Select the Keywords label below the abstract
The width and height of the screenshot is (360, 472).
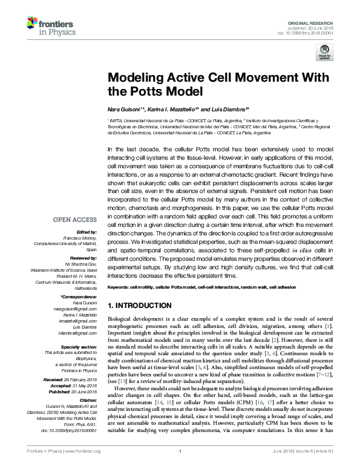[x=120, y=286]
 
